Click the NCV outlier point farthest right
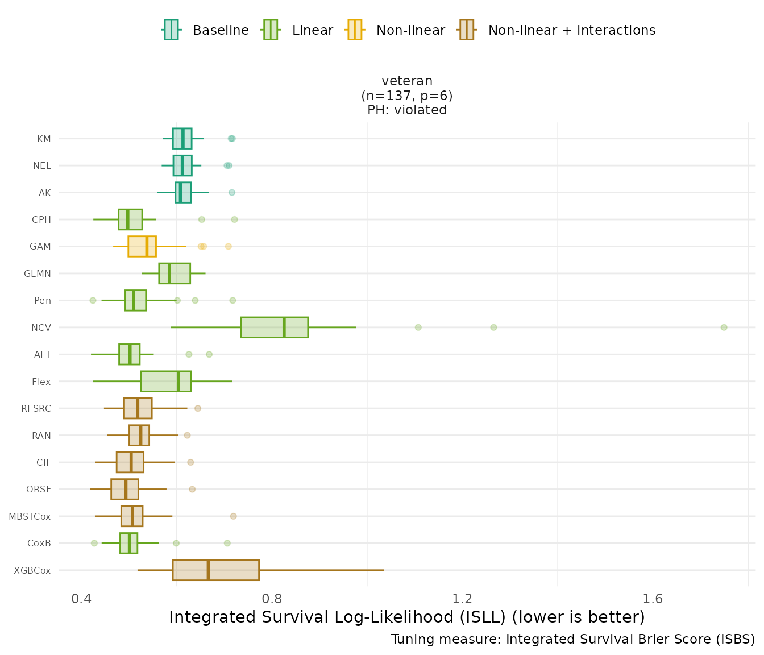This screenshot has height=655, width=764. pos(724,327)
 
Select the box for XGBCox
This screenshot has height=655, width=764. pos(216,570)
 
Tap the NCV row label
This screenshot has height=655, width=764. pos(41,327)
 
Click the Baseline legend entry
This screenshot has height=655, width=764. pos(206,30)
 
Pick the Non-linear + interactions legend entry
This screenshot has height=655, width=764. pos(557,30)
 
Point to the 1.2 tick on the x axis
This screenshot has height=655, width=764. pos(463,599)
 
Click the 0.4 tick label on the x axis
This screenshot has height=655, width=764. pos(82,599)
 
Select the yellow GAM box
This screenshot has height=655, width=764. pos(142,246)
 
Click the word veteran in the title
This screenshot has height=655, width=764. pos(407,81)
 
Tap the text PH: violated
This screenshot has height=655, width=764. pos(407,110)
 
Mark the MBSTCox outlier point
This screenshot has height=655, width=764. pos(233,516)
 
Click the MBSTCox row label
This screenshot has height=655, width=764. pos(30,516)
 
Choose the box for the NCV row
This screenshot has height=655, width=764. pos(274,327)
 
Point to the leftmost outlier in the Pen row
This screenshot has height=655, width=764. pos(93,300)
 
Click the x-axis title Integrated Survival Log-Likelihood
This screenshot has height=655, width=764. pos(407,617)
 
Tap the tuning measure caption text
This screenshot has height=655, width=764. pos(573,639)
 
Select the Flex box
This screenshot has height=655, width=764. pos(165,382)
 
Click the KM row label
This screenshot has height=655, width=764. pos(44,139)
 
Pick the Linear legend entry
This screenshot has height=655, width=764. pos(298,30)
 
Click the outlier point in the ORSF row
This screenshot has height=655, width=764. pos(192,489)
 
